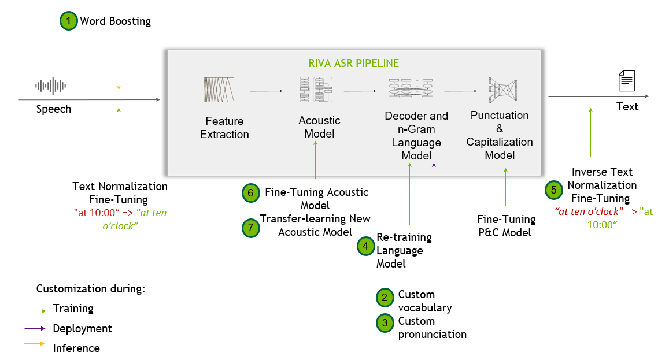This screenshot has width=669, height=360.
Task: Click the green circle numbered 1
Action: click(69, 21)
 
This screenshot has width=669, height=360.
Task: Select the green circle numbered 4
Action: click(365, 246)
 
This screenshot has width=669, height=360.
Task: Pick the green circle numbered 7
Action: click(250, 228)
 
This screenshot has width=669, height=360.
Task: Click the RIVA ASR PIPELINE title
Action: click(353, 63)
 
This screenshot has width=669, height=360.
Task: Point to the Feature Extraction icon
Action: click(219, 90)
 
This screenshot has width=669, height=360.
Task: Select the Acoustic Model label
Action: click(319, 127)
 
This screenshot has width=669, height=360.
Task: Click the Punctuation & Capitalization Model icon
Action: click(501, 90)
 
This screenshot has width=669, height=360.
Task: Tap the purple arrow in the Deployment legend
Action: click(35, 329)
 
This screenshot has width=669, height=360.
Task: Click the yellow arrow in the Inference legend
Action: click(35, 343)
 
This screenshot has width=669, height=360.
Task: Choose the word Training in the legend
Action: click(73, 309)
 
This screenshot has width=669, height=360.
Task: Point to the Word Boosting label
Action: click(115, 21)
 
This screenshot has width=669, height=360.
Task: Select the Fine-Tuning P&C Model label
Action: click(506, 226)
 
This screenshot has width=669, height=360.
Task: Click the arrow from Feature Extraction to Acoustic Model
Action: click(266, 91)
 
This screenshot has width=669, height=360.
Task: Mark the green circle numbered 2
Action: click(384, 297)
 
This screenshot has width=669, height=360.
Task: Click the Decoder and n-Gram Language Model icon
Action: click(411, 90)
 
